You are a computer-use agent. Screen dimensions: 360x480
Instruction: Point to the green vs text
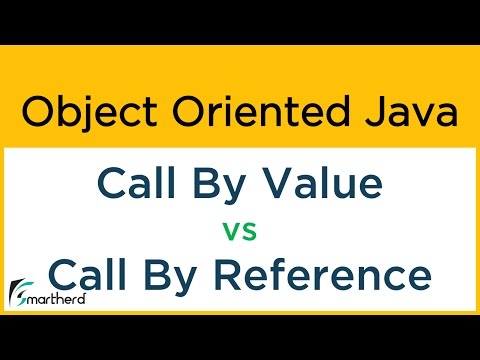[240, 232]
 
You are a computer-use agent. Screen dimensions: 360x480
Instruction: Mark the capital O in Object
[37, 112]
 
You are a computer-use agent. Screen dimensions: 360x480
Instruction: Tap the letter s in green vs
[250, 233]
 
